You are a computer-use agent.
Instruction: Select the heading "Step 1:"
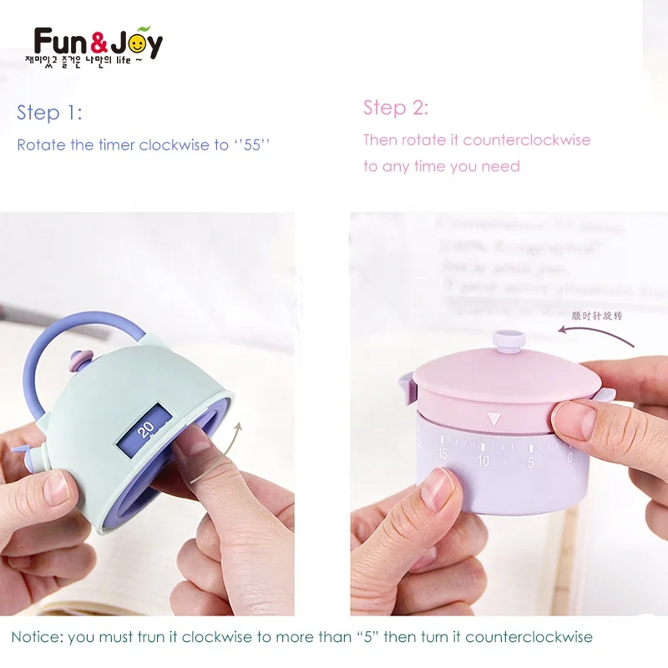pyautogui.click(x=49, y=113)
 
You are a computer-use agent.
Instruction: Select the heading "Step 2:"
pyautogui.click(x=396, y=108)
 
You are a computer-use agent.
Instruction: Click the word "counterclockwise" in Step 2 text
pyautogui.click(x=527, y=139)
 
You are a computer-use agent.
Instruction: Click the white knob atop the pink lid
pyautogui.click(x=507, y=339)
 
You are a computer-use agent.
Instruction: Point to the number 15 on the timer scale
pyautogui.click(x=442, y=455)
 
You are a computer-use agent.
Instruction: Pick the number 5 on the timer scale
pyautogui.click(x=530, y=461)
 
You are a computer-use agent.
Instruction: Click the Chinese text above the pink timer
pyautogui.click(x=596, y=316)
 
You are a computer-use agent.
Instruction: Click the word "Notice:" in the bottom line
pyautogui.click(x=36, y=637)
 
